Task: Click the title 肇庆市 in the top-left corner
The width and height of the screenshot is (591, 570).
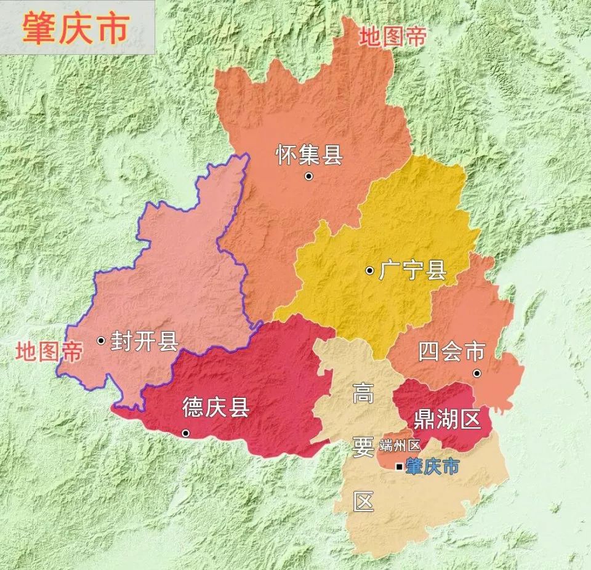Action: [x=75, y=28]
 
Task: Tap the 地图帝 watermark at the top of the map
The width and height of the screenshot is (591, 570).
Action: [x=393, y=36]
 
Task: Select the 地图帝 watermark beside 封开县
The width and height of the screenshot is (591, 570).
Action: [x=49, y=352]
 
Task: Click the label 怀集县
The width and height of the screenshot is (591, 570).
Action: [x=308, y=155]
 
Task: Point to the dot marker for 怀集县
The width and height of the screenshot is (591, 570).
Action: [x=308, y=177]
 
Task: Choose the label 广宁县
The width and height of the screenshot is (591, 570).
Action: [x=412, y=270]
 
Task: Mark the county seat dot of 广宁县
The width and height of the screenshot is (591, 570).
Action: [x=369, y=270]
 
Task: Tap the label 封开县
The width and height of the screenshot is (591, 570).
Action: [x=144, y=341]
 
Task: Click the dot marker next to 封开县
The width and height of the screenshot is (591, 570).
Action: [x=101, y=340]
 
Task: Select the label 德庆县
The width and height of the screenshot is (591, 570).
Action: [x=215, y=407]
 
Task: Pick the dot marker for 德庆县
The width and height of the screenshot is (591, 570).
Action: [x=185, y=433]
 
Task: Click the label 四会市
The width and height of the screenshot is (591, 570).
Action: [x=451, y=352]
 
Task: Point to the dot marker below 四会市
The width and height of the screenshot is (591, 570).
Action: [x=476, y=374]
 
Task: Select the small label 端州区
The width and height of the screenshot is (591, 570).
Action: [x=400, y=445]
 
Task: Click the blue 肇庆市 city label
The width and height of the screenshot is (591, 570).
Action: [x=432, y=467]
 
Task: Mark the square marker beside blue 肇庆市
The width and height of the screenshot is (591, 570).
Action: [x=400, y=468]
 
